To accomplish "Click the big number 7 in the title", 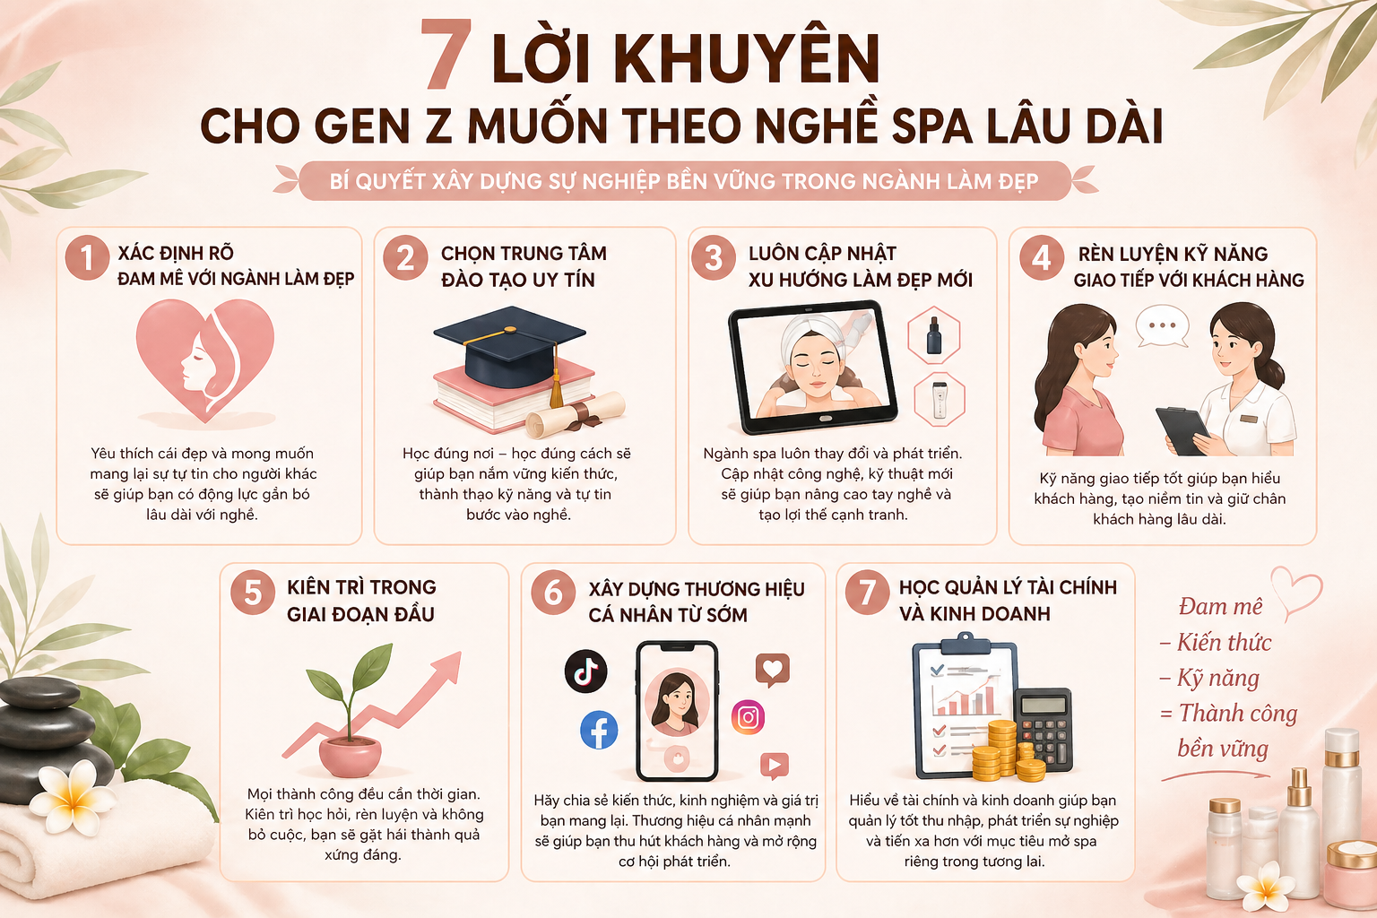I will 446,56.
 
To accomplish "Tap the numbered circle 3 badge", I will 714,257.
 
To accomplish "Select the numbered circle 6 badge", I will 553,593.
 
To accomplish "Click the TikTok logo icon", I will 585,671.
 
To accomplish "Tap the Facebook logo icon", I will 599,730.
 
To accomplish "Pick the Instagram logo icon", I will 749,717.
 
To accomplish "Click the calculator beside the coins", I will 1043,728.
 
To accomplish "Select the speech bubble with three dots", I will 1162,326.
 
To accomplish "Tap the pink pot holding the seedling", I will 351,756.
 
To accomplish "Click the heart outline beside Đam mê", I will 1297,592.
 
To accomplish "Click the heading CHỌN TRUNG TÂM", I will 524,254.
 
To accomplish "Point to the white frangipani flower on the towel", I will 68,797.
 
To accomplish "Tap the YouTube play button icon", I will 774,766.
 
